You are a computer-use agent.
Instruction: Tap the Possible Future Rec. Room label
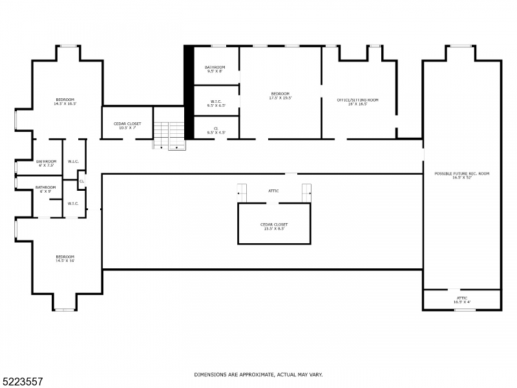[x=461, y=175]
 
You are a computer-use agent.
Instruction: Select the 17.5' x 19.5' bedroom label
[x=280, y=96]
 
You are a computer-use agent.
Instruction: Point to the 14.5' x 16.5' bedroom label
[x=65, y=101]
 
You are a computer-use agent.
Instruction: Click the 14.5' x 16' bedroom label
[x=65, y=258]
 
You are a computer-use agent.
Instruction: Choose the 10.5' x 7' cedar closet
[x=127, y=125]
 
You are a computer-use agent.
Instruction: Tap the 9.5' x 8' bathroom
[x=215, y=69]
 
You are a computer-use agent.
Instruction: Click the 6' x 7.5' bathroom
[x=46, y=163]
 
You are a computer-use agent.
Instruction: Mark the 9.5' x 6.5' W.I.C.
[x=215, y=103]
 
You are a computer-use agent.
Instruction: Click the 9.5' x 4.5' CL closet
[x=215, y=130]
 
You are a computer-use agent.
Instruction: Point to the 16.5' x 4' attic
[x=461, y=299]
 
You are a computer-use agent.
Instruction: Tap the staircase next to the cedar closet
[x=169, y=136]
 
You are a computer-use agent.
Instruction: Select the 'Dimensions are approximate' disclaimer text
[x=258, y=374]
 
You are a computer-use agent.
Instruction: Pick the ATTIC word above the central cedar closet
[x=274, y=191]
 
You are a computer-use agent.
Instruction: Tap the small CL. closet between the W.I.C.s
[x=81, y=181]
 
